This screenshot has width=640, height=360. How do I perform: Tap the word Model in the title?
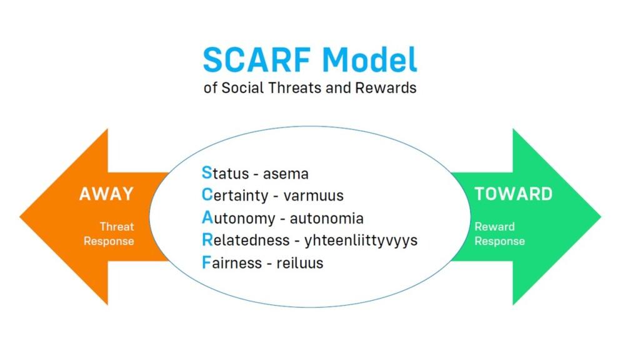(x=370, y=59)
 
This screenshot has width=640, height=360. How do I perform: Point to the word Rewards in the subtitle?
(x=386, y=87)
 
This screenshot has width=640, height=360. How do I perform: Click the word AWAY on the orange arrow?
(x=106, y=194)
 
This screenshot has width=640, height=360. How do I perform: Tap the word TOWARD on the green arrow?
(x=514, y=194)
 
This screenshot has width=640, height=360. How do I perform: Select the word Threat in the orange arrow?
(x=117, y=226)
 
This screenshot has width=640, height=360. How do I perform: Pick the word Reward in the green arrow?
(x=494, y=226)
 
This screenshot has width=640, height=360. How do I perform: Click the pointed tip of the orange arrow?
(x=20, y=217)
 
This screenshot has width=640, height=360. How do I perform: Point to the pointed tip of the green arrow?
(x=601, y=217)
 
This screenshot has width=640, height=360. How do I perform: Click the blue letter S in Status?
(x=207, y=172)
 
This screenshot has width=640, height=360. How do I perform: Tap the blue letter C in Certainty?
(x=207, y=195)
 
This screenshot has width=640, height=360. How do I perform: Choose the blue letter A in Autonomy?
(x=207, y=217)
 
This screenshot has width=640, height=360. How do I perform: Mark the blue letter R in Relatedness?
(x=207, y=239)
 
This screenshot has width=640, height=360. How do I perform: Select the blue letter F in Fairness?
(x=206, y=262)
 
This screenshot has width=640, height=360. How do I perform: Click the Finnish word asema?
(x=286, y=174)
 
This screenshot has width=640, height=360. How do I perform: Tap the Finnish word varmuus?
(x=314, y=196)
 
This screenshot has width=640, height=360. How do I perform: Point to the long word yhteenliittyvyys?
(x=361, y=241)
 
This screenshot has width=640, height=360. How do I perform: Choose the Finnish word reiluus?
(x=300, y=263)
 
